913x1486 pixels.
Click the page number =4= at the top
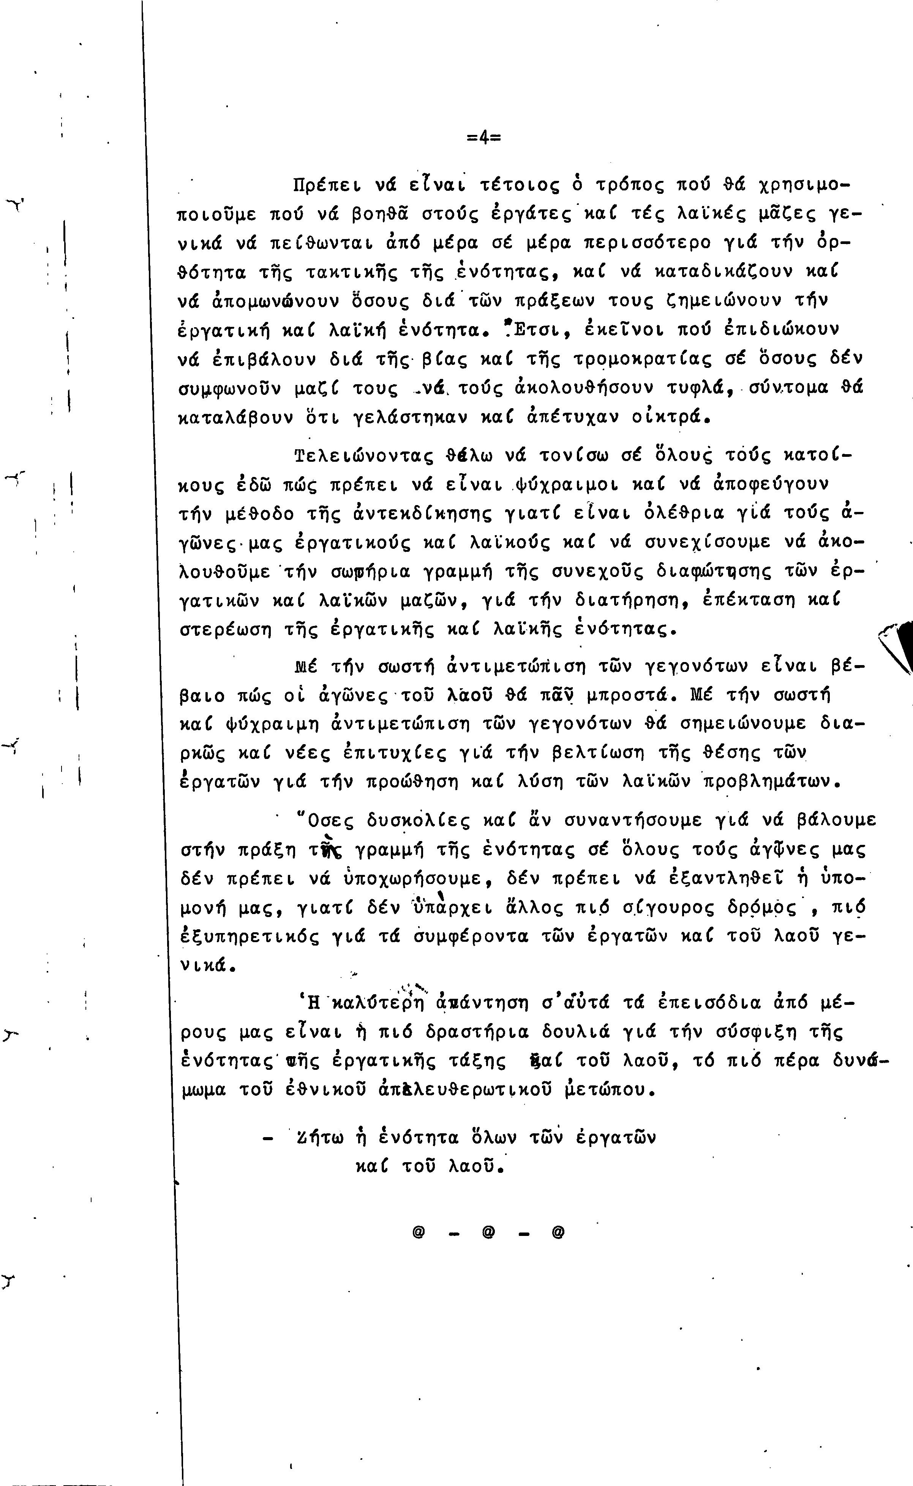(484, 138)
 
